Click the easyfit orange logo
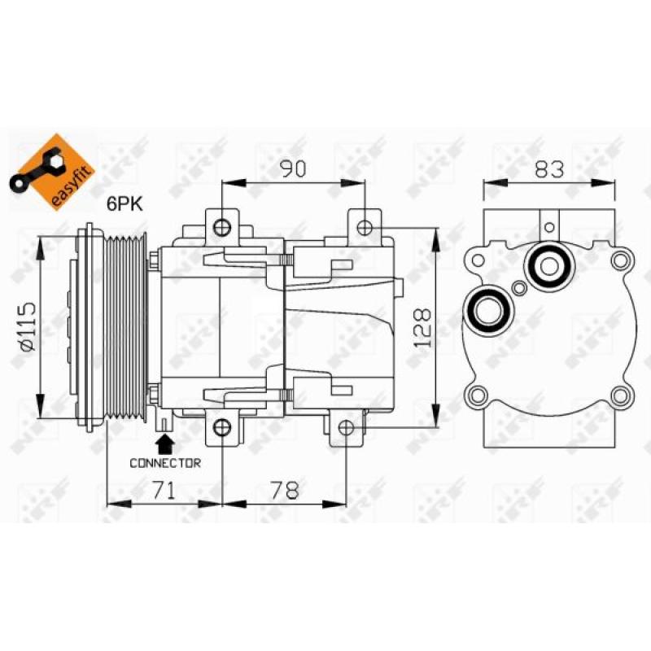click(x=54, y=172)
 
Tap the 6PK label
click(x=126, y=205)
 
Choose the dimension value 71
click(x=164, y=490)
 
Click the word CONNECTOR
click(x=165, y=462)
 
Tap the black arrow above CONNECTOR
click(x=165, y=443)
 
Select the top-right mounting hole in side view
click(x=365, y=225)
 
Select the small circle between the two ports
click(x=519, y=286)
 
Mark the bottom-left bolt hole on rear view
click(x=478, y=396)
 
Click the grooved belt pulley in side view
click(x=126, y=326)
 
